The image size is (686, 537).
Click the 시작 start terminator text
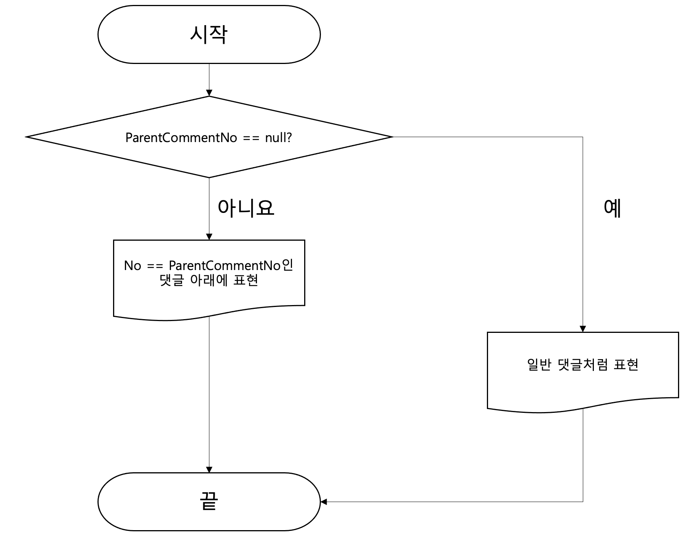click(209, 35)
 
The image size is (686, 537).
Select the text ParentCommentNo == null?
click(209, 137)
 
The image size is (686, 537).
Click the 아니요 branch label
click(246, 208)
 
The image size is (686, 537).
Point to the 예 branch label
click(613, 208)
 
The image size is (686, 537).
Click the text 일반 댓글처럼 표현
click(582, 364)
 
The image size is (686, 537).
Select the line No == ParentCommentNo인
click(209, 265)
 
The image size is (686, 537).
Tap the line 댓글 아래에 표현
click(209, 280)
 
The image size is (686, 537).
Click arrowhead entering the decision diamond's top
click(209, 93)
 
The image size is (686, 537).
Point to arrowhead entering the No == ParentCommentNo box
click(209, 237)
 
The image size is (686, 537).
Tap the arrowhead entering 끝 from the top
click(209, 470)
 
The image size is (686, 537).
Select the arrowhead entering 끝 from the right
click(324, 502)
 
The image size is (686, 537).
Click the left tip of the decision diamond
click(27, 137)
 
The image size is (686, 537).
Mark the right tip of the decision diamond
click(392, 137)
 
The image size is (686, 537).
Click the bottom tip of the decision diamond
click(209, 177)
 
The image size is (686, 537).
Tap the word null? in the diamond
click(278, 137)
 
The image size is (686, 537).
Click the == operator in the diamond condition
click(251, 138)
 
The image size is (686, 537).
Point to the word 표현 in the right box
click(626, 364)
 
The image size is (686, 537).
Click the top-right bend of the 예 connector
click(582, 137)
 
